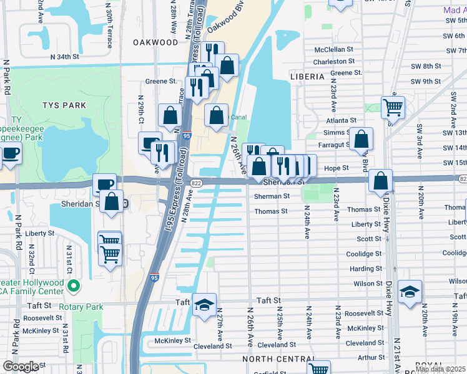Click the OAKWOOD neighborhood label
coord(155,42)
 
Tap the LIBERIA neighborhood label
coord(307,77)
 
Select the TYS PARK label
coord(65,105)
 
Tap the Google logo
coord(21,367)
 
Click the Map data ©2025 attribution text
coord(441,369)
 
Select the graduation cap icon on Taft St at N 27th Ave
coord(204,305)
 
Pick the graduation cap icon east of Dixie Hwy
coord(410,292)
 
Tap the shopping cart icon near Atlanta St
coord(393,107)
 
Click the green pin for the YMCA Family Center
coord(74,287)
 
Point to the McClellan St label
coord(334,49)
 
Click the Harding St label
coord(366,269)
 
